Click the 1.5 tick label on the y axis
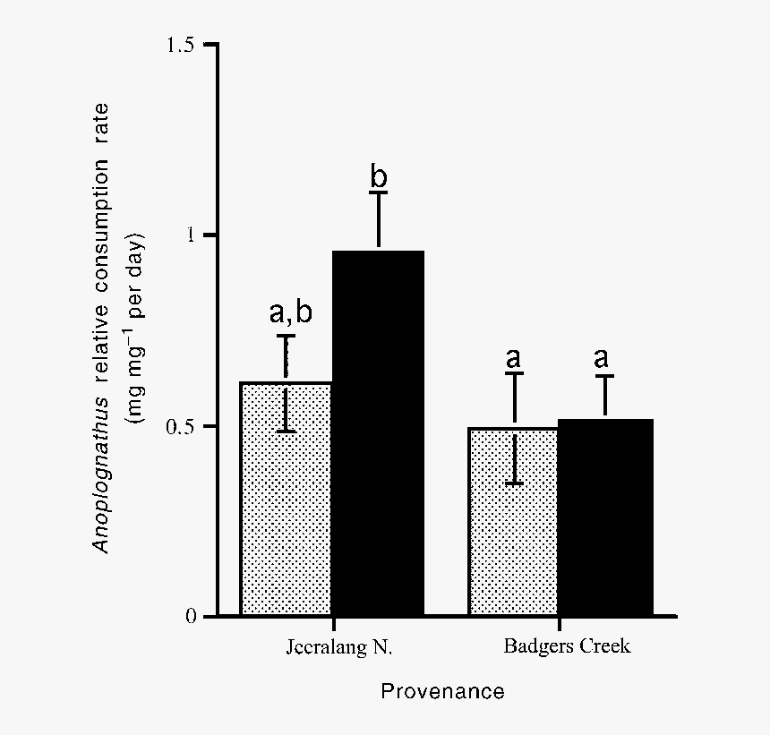point(181,45)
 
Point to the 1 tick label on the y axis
point(191,235)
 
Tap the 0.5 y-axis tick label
point(181,426)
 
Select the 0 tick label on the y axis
point(191,616)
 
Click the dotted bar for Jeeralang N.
point(287,499)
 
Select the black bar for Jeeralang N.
point(378,433)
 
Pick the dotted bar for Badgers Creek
point(514,521)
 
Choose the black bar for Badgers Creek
point(605,517)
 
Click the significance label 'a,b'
point(291,312)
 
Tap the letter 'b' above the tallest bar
point(379,176)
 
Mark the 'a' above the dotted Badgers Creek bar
point(513,358)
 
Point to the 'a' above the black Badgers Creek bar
point(601,358)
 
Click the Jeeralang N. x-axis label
point(339,647)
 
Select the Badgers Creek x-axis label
point(567,646)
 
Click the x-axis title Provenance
point(443,691)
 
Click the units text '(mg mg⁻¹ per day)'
point(135,328)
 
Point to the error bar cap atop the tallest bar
point(379,192)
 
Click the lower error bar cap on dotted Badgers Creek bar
point(514,483)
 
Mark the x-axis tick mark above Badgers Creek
point(560,624)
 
